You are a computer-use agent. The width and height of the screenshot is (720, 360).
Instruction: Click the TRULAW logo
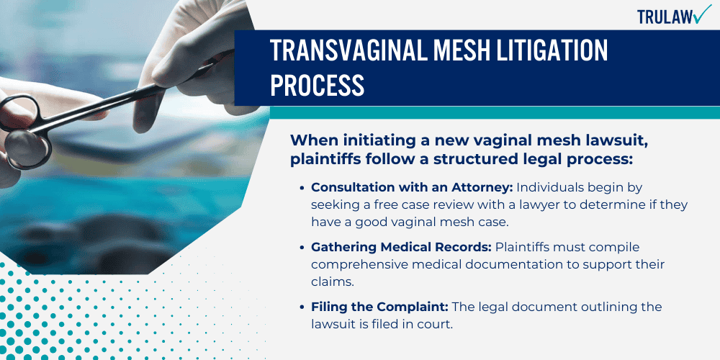click(673, 17)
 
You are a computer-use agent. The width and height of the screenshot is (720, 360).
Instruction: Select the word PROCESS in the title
click(317, 85)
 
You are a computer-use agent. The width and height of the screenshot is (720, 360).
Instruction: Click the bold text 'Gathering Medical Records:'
click(401, 247)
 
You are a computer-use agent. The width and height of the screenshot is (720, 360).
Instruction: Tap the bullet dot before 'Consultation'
click(301, 187)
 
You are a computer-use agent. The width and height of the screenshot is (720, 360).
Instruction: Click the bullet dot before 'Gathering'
click(301, 248)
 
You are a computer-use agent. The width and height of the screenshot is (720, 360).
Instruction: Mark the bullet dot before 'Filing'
click(301, 308)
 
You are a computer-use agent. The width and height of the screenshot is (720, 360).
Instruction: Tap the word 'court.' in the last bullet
click(436, 325)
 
